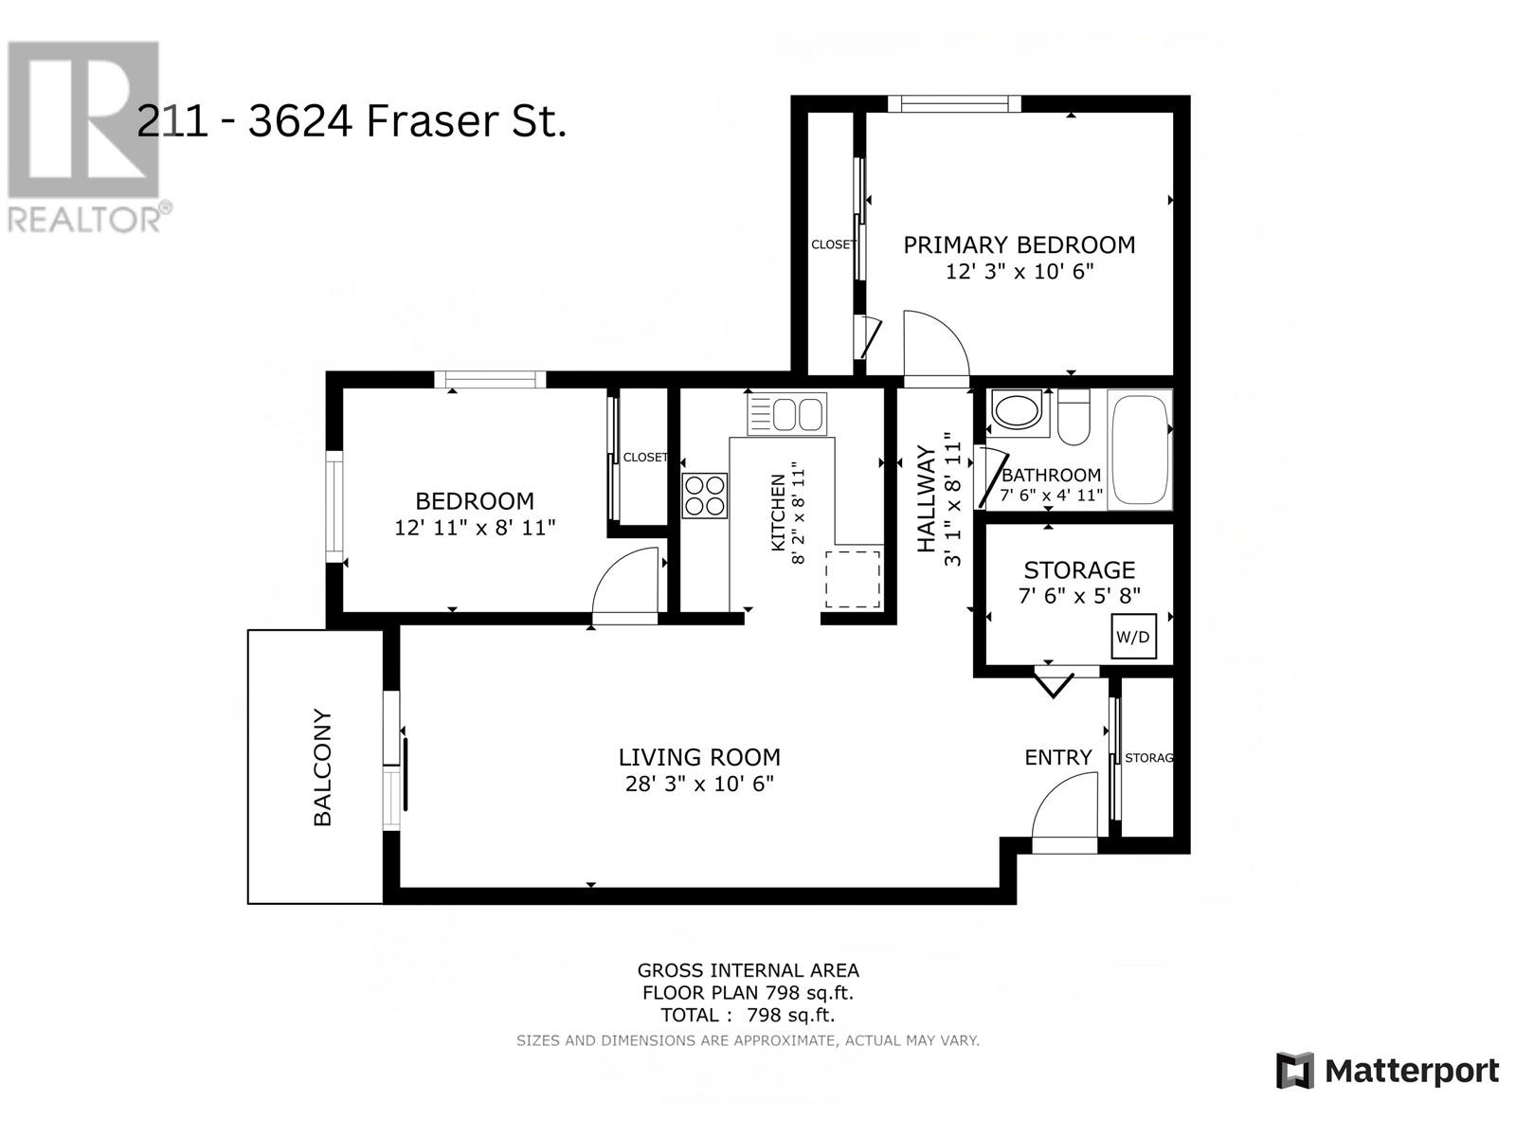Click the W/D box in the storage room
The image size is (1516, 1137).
pyautogui.click(x=1133, y=636)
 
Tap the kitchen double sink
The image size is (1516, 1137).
pyautogui.click(x=786, y=414)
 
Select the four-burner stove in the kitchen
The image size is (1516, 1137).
pyautogui.click(x=705, y=496)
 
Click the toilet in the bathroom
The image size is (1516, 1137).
pyautogui.click(x=1074, y=417)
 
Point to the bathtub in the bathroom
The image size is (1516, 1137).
pyautogui.click(x=1140, y=449)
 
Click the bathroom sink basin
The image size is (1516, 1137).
pyautogui.click(x=1016, y=411)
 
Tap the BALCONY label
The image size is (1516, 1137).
pyautogui.click(x=322, y=767)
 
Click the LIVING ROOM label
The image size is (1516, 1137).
pyautogui.click(x=699, y=757)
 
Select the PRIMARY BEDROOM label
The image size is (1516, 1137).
pyautogui.click(x=1020, y=245)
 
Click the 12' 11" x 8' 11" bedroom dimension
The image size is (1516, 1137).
pyautogui.click(x=476, y=528)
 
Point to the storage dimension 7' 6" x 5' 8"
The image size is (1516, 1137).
pyautogui.click(x=1079, y=595)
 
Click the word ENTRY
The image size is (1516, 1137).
pyautogui.click(x=1058, y=757)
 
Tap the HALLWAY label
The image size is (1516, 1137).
pyautogui.click(x=926, y=499)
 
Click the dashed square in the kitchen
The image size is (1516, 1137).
pyautogui.click(x=854, y=579)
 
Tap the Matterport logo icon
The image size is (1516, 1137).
pyautogui.click(x=1295, y=1072)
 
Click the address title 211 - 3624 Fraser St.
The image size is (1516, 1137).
pyautogui.click(x=352, y=121)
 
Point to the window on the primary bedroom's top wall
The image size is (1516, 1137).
pyautogui.click(x=954, y=103)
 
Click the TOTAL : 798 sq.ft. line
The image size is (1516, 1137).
pyautogui.click(x=748, y=1015)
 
